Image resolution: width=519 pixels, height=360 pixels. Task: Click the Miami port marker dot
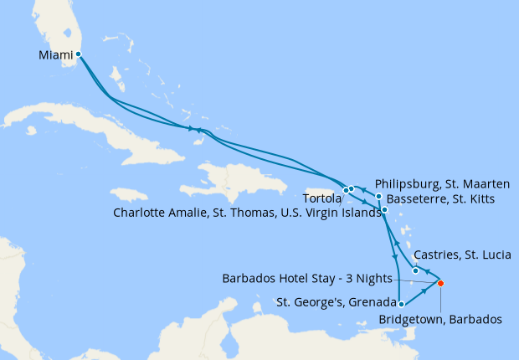coord(78,54)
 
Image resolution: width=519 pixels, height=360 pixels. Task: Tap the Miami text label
coord(55,55)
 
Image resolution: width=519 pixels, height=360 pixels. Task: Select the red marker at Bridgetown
coord(440,283)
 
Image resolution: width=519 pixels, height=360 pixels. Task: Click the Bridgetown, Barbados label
coord(440,319)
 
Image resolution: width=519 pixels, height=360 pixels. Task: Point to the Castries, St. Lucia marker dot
coord(416,270)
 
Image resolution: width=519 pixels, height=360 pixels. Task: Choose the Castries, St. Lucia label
coord(458,254)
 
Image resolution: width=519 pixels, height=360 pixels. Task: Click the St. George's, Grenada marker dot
coord(402,304)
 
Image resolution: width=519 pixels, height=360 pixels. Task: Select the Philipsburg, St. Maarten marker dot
coord(378,197)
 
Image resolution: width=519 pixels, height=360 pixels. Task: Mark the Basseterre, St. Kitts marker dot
coord(384,210)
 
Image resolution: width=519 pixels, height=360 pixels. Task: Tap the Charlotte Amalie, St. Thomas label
coord(244,213)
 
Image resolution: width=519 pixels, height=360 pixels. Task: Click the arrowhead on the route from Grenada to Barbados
coord(423,292)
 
